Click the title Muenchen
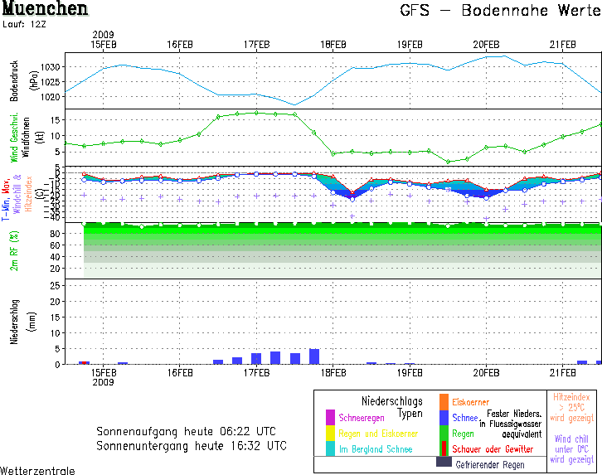pos(45,10)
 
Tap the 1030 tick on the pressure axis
pos(51,66)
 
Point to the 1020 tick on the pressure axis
pos(51,96)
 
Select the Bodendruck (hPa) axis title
pos(13,81)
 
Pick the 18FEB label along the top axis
pos(333,44)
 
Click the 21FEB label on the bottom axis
pos(562,373)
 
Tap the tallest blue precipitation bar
pos(314,356)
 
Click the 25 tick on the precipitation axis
pos(54,286)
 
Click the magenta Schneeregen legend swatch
pos(330,417)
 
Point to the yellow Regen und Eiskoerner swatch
pos(330,433)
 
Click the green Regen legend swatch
pos(444,433)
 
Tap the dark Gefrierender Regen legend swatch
pos(444,464)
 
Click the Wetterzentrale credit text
pos(37,470)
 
